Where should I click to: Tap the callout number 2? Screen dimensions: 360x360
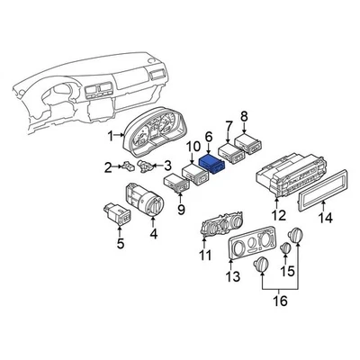tap(108, 166)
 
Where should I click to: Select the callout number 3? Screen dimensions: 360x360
tap(166, 165)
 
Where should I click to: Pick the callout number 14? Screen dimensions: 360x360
tap(326, 217)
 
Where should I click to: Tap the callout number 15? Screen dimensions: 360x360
tap(289, 269)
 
